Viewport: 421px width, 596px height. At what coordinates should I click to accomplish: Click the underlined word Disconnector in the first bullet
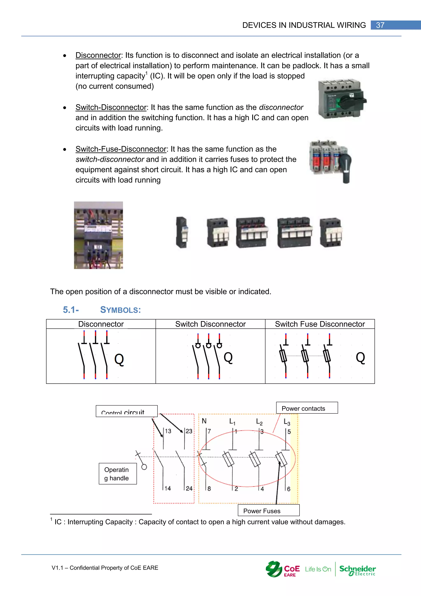coord(98,55)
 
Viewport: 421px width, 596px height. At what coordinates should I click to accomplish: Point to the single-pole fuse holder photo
coord(182,232)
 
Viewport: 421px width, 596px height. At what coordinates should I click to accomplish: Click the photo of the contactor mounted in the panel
coord(98,235)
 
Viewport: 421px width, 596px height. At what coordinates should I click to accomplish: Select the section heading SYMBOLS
coord(120,310)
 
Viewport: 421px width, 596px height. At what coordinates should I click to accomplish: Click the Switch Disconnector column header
coord(210,324)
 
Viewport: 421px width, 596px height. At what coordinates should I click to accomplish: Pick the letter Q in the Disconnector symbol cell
coord(119,360)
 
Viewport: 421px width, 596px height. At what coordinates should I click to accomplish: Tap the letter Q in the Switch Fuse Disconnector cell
coord(360,358)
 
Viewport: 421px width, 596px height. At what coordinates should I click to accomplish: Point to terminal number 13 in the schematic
coord(168,431)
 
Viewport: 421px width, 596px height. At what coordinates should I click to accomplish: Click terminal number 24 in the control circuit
coord(189,489)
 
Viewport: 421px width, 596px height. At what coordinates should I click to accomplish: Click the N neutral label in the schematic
coord(204,421)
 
